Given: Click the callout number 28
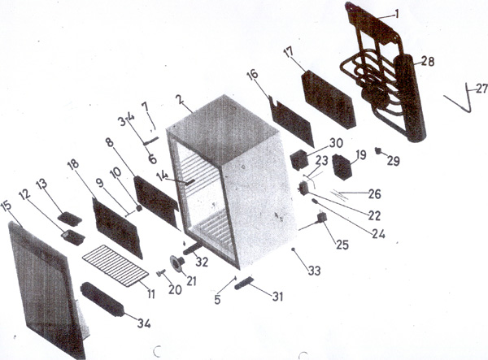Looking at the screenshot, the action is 428,61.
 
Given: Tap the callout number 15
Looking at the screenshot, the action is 7,206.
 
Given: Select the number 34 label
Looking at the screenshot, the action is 144,323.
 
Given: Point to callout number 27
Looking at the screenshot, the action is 481,89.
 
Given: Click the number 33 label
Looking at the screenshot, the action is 314,271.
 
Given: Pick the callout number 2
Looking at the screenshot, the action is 179,99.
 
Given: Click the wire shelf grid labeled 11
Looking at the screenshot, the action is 115,265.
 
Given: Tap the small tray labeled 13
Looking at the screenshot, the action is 70,219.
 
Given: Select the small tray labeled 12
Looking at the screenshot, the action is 73,237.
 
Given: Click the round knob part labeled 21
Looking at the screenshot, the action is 177,264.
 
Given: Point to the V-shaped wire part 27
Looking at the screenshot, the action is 459,98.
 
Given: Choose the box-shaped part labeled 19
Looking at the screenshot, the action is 342,167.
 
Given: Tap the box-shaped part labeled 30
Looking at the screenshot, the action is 299,160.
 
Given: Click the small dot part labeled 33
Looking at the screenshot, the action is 293,249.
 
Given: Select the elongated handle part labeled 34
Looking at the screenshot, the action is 102,299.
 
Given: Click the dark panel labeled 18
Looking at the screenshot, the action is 117,228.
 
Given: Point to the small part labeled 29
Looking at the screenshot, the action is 378,151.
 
